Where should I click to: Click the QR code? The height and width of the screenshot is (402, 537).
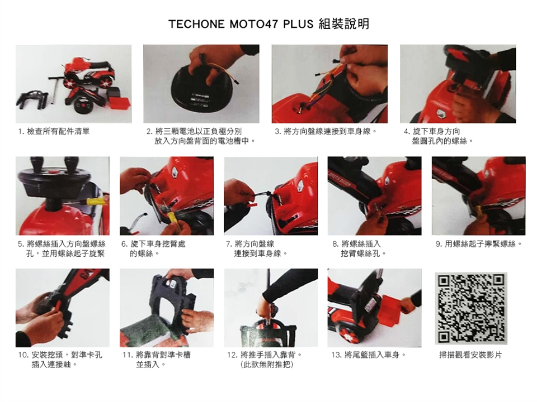coord(471,308)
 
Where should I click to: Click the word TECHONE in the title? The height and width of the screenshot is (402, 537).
coord(196,24)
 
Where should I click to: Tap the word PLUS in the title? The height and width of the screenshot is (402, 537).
coord(298,24)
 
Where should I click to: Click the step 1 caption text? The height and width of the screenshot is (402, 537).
coord(54,131)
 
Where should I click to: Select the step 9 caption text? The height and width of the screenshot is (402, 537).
coord(479,244)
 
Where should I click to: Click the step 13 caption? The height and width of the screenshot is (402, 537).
coord(369,355)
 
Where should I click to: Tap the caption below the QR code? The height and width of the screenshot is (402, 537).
coord(470,355)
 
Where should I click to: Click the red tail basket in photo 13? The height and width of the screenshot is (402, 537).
coord(393,304)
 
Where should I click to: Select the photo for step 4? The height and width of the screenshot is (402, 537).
coord(458,84)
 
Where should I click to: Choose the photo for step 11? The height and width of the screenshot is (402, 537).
coord(167,308)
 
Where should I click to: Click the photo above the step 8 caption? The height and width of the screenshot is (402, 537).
coord(374,196)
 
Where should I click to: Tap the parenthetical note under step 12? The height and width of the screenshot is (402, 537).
coord(267,365)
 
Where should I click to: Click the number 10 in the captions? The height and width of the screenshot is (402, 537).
coord(23,355)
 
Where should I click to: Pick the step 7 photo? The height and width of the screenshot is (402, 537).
coord(271,196)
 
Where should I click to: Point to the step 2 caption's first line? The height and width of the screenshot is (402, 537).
coord(194,131)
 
